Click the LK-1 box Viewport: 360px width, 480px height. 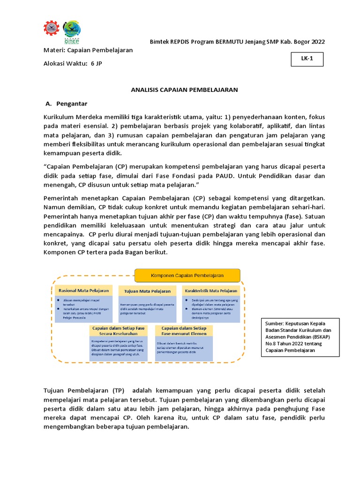point(306,60)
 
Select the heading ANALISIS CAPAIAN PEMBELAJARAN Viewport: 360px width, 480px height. point(184,89)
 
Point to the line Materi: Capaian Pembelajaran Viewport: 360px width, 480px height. point(88,50)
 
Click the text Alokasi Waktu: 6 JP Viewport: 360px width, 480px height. point(73,64)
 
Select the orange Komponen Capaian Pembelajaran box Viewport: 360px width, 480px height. point(187,276)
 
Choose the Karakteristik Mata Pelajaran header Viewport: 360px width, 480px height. point(211,291)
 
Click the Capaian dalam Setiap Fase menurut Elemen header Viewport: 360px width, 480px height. point(184,331)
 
